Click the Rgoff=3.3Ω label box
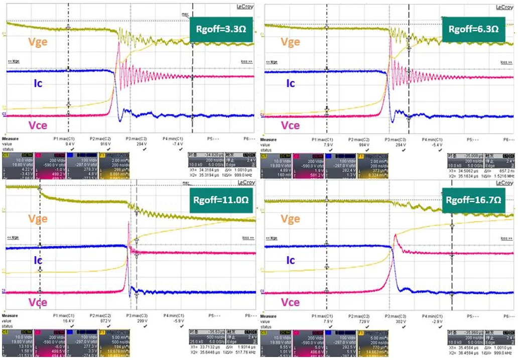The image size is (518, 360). tap(219, 28)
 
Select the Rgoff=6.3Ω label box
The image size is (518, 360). tap(473, 29)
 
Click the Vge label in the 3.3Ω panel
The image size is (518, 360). tap(38, 42)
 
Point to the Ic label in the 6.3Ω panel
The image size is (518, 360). tap(291, 83)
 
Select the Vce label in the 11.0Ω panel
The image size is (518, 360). tap(38, 302)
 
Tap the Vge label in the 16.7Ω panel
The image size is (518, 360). tap(291, 219)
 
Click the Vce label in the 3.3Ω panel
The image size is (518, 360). tap(38, 125)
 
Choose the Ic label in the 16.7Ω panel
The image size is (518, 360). tap(291, 260)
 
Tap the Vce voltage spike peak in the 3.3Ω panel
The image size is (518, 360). tap(118, 43)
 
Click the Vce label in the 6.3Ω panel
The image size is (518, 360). tap(291, 126)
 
